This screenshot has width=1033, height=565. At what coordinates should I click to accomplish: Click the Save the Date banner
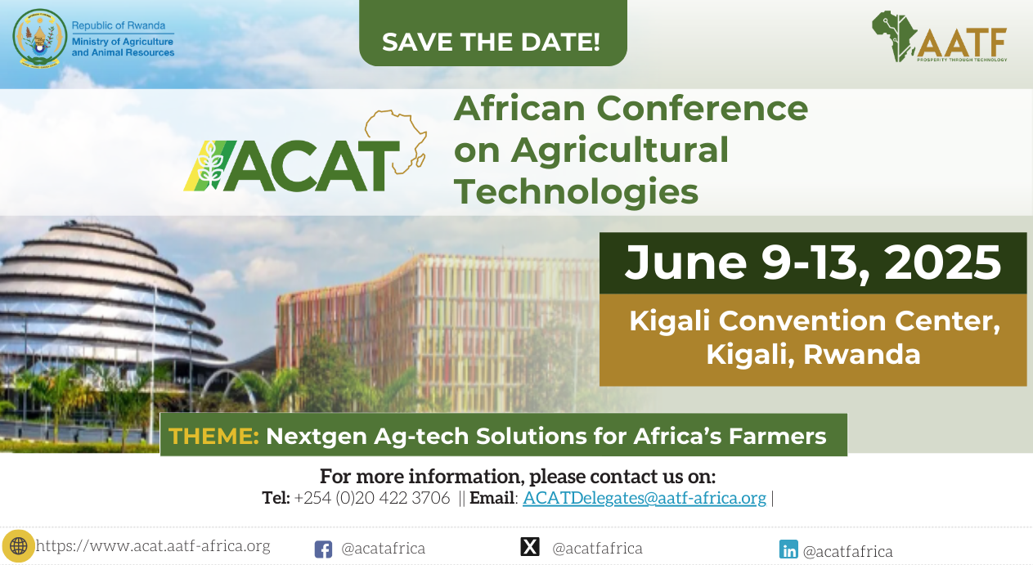coord(493,34)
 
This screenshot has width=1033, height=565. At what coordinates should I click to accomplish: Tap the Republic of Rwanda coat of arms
coord(40,38)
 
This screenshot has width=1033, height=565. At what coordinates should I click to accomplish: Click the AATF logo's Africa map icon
coord(894,36)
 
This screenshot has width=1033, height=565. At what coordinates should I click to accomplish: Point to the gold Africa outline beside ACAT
coord(396,141)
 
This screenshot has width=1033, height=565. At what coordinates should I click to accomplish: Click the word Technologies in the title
coord(576,191)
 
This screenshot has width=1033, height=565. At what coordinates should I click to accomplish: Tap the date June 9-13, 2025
coord(813,262)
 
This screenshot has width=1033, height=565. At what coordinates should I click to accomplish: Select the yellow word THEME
coord(214,436)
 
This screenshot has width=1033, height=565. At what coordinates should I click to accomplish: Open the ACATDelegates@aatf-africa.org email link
coord(645,498)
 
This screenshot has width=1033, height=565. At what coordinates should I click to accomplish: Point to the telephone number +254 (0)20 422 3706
coord(371,498)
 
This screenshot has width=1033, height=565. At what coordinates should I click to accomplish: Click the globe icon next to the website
coord(19,546)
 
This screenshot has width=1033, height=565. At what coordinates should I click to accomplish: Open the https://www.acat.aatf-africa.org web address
coord(153,545)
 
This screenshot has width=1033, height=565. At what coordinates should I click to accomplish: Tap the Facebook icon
coord(323,549)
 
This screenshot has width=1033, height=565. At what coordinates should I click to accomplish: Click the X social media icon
coord(530,546)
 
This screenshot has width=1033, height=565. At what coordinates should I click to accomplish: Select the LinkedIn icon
coord(788,549)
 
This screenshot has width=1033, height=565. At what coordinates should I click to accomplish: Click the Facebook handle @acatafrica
coord(384,549)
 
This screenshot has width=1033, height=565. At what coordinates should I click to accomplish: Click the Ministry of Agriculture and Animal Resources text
coord(123,47)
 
